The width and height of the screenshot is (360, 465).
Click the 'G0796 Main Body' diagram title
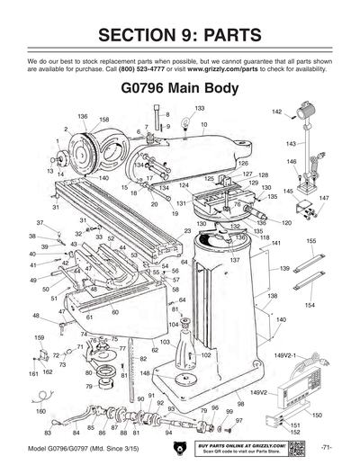tap(179, 90)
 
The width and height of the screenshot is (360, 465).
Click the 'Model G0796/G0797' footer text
tap(82, 447)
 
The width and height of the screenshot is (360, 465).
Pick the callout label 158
tap(104, 120)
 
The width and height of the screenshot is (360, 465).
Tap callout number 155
tap(310, 241)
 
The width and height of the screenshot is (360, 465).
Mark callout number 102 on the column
tap(205, 355)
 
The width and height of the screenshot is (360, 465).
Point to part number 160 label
tap(40, 410)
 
